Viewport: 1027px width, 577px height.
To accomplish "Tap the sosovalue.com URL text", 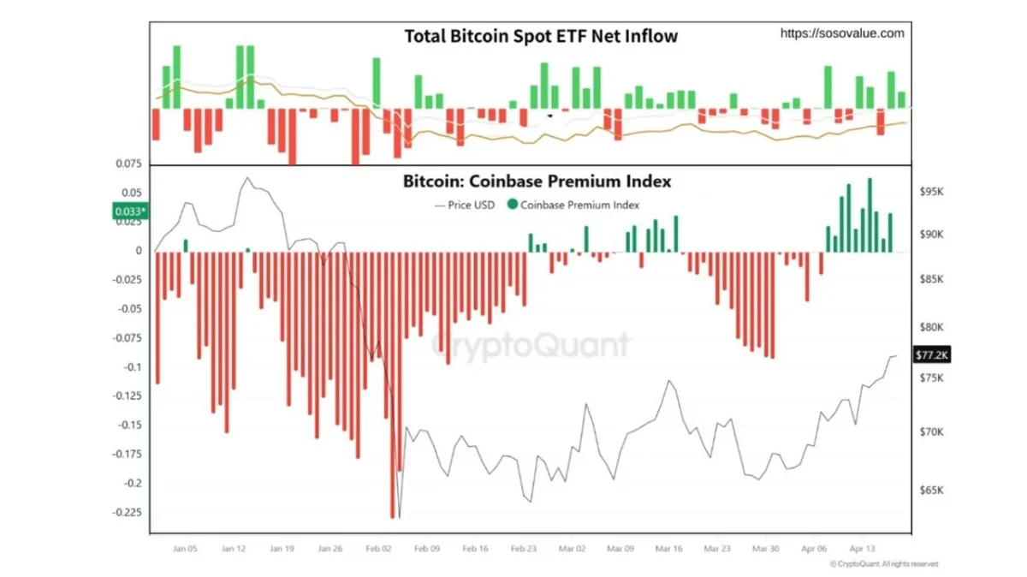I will [842, 33].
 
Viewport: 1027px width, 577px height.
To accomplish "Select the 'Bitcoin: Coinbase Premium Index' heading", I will [537, 181].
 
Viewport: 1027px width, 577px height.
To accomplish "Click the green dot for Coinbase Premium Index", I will [513, 205].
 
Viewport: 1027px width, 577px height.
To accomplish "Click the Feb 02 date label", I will [378, 548].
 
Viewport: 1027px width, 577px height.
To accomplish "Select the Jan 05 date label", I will [186, 548].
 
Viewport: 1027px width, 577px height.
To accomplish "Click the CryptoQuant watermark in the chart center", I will [530, 345].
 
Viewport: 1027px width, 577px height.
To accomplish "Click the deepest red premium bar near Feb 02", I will [393, 385].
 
